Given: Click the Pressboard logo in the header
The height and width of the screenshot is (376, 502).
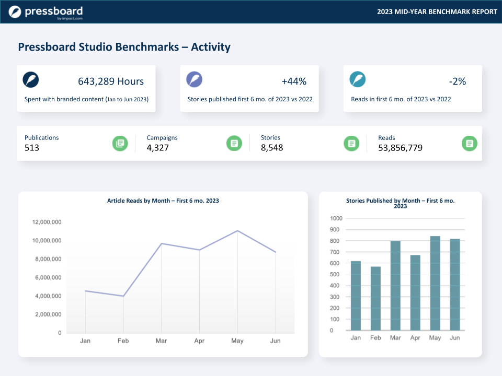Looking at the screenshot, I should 45,12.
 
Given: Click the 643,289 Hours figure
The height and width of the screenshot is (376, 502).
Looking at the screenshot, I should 110,81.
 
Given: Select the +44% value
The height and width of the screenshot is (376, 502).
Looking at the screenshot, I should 294,81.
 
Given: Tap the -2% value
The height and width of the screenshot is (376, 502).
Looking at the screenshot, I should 457,81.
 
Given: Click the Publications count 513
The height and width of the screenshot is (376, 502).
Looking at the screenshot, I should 32,148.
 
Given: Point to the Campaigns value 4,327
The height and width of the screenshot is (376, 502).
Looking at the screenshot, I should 158,148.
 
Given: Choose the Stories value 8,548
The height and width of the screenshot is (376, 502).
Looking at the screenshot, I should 272,148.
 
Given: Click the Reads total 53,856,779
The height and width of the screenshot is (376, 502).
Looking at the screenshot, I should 400,148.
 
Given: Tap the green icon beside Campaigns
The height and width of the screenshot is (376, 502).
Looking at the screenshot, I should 234,143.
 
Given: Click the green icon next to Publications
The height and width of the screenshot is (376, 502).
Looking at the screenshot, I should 120,143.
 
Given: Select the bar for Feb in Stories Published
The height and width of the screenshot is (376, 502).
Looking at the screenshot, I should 375,298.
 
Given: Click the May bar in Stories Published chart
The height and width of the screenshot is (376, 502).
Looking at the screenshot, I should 435,283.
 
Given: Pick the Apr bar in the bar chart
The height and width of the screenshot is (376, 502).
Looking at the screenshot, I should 415,292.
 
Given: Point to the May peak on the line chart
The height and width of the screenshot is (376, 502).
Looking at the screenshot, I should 237,231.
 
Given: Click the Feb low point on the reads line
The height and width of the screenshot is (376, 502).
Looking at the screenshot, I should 123,296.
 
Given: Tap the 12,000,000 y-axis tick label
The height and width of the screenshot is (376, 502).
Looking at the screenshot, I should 47,222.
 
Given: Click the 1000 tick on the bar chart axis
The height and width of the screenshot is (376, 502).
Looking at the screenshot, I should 336,218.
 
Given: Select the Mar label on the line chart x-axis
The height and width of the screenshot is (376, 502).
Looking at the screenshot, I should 161,341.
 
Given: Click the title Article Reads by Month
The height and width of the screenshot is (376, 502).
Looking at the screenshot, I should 163,201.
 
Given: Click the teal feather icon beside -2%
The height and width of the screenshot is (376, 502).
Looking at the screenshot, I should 358,79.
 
